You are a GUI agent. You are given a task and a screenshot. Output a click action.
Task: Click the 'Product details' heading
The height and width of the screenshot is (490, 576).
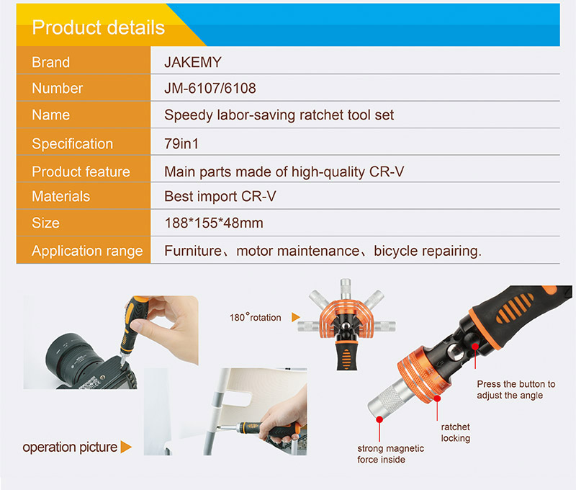tap(99, 28)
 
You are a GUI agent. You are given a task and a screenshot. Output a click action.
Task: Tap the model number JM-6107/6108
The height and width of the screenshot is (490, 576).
tap(210, 89)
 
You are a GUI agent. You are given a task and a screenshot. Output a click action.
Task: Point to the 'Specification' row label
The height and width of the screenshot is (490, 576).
tap(72, 143)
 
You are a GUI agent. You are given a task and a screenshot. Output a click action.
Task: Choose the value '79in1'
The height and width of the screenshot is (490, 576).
tap(181, 143)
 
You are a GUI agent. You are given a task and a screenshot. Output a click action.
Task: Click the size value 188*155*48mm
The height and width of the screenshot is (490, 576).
tap(214, 223)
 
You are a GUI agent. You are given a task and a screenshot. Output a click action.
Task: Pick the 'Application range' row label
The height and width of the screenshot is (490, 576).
tap(87, 251)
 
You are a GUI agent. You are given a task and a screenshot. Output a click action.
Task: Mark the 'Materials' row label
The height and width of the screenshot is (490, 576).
tap(61, 196)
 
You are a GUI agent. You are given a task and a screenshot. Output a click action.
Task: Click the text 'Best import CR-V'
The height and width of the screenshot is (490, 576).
tap(220, 196)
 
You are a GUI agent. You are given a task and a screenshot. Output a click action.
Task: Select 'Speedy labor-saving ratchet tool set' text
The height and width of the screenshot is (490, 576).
tap(279, 115)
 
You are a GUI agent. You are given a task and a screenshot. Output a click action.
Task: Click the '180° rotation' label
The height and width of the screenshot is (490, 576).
tap(256, 318)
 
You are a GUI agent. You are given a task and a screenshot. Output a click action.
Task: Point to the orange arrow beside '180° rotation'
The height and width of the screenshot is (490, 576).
tap(296, 317)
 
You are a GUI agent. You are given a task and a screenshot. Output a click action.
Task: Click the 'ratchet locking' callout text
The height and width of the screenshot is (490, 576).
tap(455, 432)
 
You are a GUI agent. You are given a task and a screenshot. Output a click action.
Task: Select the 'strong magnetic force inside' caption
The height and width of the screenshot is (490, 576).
tap(390, 454)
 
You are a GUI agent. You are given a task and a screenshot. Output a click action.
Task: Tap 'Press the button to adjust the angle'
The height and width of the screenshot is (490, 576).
tap(516, 390)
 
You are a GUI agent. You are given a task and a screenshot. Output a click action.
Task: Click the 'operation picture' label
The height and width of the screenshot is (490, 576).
tap(70, 447)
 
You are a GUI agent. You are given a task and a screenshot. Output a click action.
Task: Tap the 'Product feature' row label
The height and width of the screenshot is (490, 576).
tap(81, 171)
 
